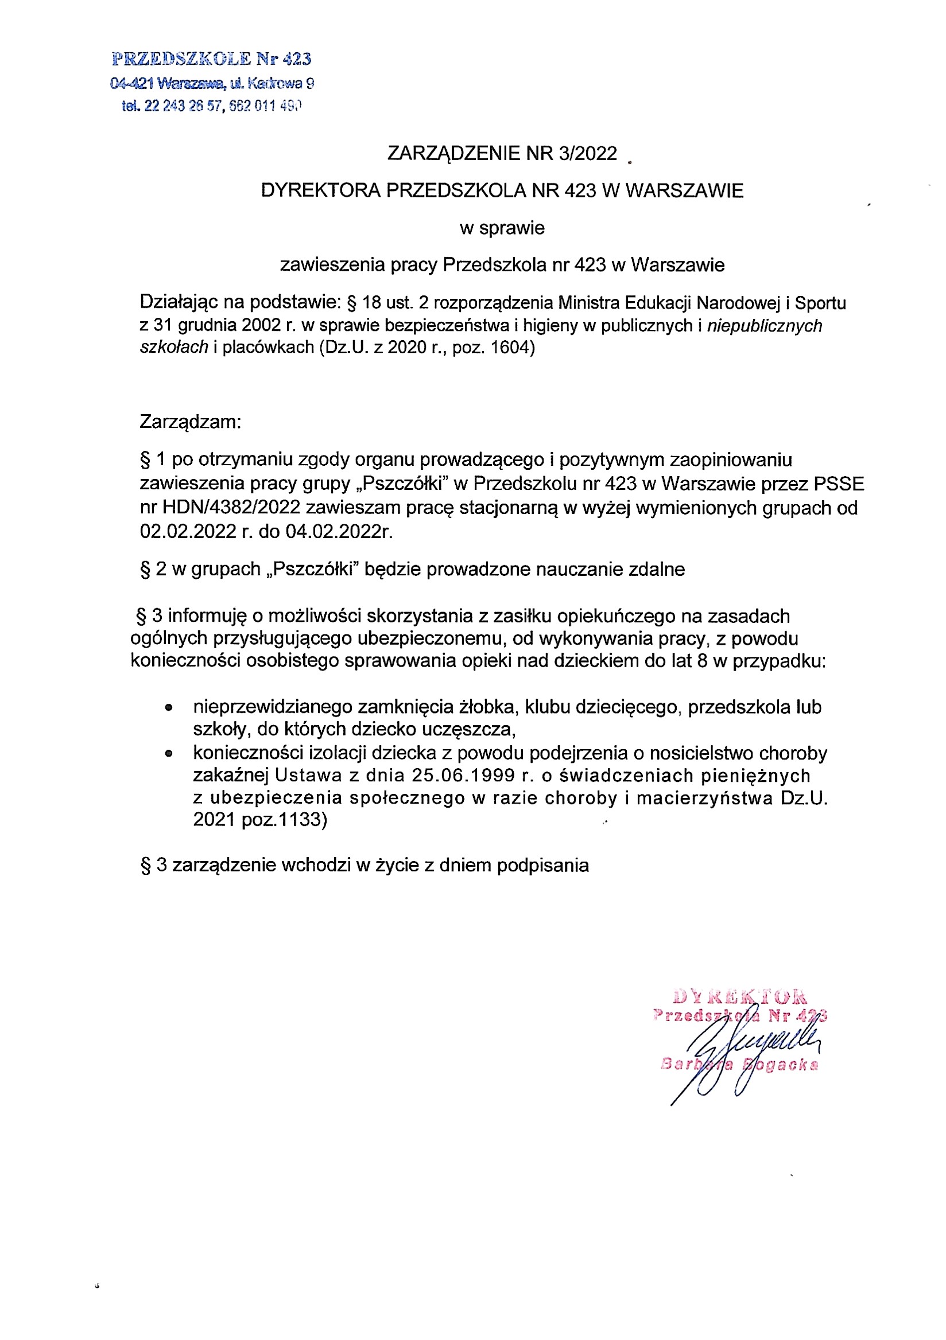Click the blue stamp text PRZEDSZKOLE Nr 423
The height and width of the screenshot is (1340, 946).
tap(211, 59)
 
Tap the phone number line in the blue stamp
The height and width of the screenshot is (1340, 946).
tap(211, 106)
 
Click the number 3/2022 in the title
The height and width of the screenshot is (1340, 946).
tap(587, 154)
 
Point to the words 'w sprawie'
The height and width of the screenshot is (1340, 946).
tap(502, 228)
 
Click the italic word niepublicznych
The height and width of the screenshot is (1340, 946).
tap(765, 326)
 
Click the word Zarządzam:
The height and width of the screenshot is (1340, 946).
tap(190, 422)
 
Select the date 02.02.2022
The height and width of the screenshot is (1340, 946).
tap(188, 532)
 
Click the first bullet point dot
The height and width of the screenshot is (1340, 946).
tap(169, 708)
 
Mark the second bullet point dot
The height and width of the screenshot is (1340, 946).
tap(169, 754)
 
